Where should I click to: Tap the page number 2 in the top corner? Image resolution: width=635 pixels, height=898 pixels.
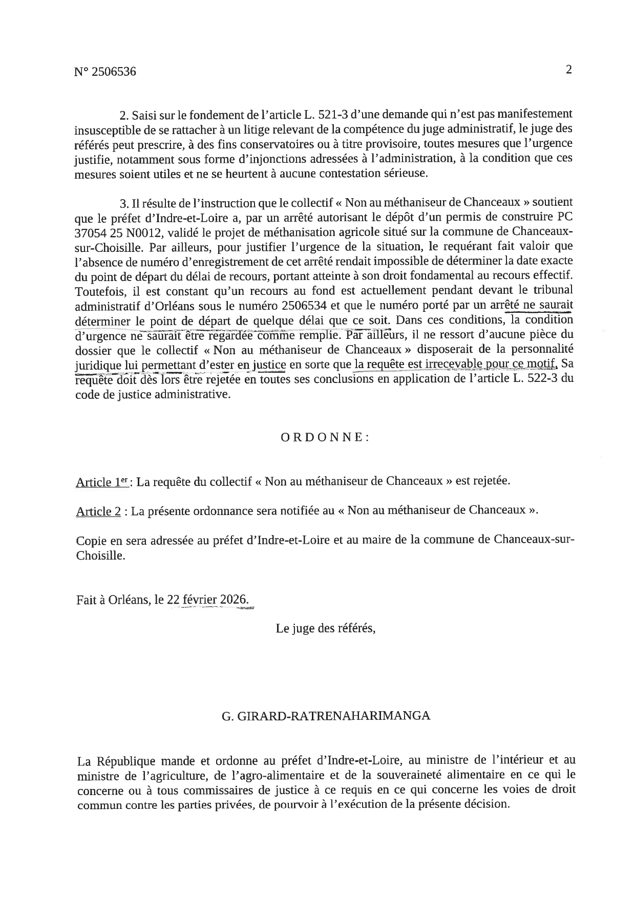pos(568,70)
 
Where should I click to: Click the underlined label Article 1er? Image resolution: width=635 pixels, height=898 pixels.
pos(102,482)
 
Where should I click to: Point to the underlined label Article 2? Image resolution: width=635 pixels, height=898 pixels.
pos(98,511)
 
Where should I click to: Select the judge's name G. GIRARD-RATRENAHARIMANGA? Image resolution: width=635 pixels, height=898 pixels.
pos(326,716)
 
